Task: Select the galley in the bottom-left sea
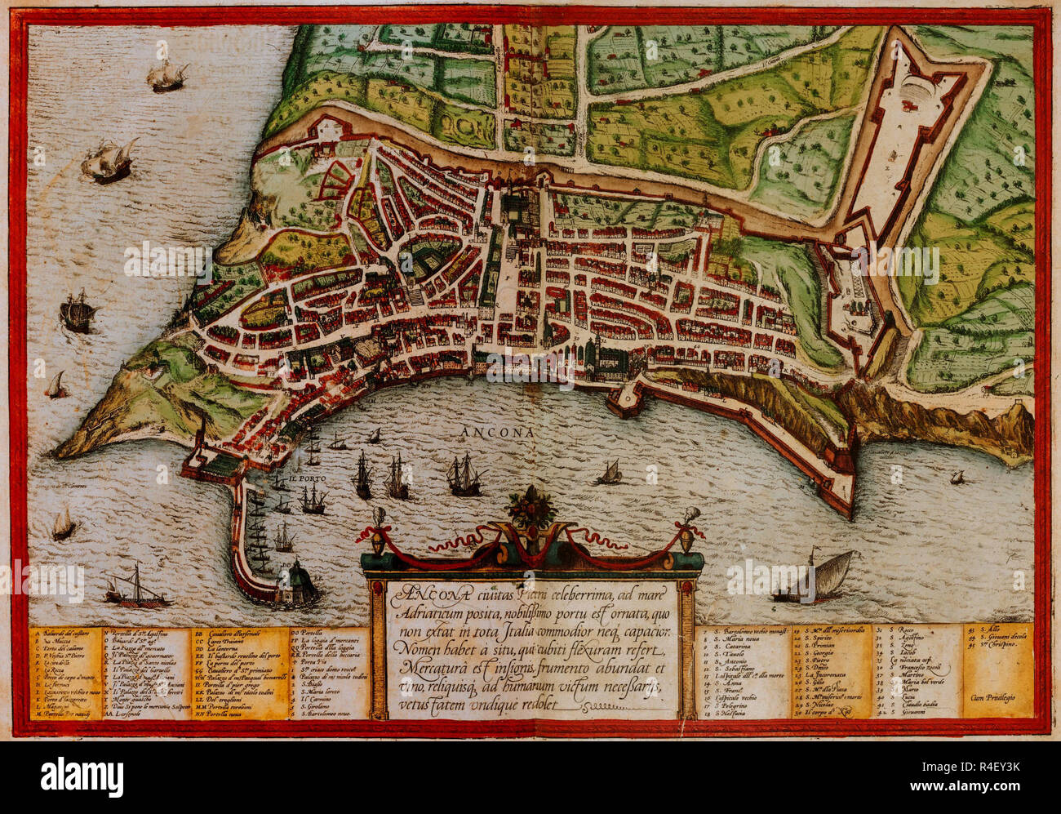135,589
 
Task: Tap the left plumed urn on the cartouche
377,531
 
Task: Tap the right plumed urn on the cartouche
687,531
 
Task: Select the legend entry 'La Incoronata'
826,674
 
